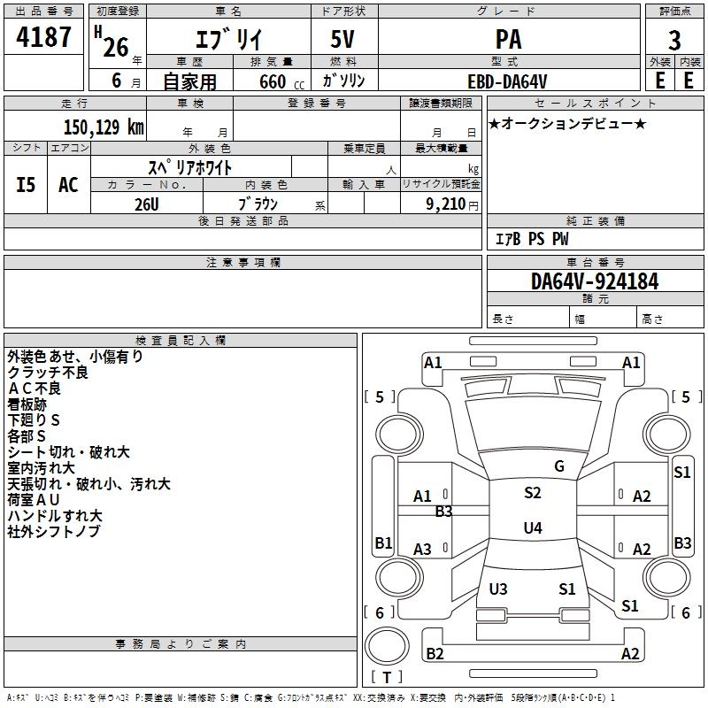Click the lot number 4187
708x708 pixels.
[x=43, y=36]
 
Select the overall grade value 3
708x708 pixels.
[x=674, y=40]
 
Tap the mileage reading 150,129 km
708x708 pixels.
[x=104, y=127]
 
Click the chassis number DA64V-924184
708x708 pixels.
[x=595, y=281]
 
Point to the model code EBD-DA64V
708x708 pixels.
[x=507, y=81]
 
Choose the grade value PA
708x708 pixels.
[x=508, y=39]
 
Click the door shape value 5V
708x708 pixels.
[x=342, y=39]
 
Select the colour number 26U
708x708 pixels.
[x=147, y=204]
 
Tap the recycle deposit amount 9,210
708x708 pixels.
[x=446, y=204]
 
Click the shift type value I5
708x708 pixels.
[x=26, y=185]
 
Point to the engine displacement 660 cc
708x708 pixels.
[x=281, y=82]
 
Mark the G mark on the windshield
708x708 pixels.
[x=559, y=466]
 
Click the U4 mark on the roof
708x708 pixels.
[x=533, y=527]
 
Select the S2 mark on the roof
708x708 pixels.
[x=533, y=493]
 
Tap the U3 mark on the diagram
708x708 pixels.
[x=498, y=589]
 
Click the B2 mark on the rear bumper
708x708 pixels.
[x=435, y=653]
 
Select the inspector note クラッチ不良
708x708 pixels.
[x=48, y=373]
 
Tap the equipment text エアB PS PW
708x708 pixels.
[x=532, y=239]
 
